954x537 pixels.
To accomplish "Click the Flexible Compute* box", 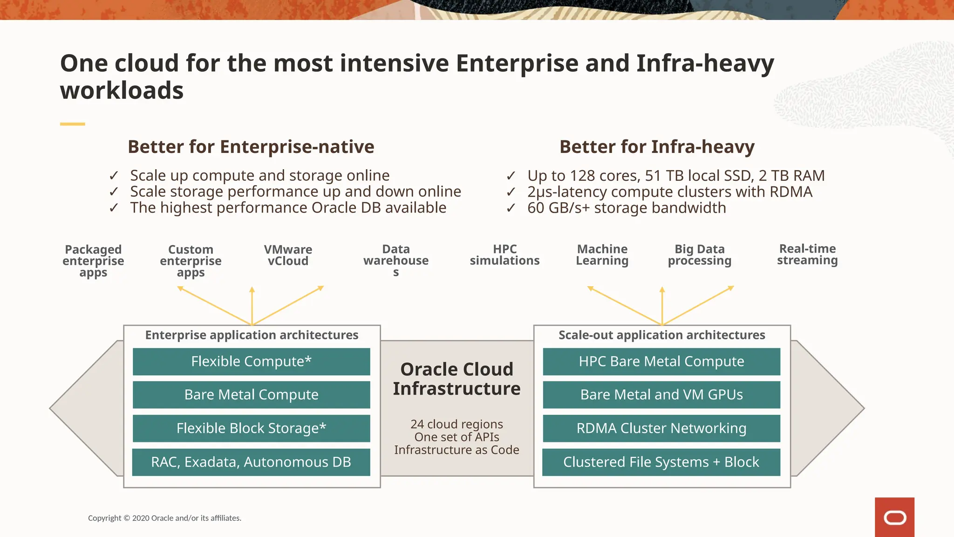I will pos(251,362).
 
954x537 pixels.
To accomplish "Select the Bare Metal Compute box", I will pos(251,395).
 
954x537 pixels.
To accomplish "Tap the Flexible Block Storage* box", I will pos(251,428).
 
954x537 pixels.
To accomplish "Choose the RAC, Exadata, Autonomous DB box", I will pos(251,462).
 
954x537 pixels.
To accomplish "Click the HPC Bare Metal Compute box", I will pos(661,362).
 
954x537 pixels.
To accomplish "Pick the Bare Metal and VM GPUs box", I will pos(661,395).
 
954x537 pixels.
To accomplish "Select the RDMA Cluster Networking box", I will pos(661,428).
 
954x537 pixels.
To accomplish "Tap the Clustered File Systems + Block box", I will pos(661,462).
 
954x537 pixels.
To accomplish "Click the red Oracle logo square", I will pos(894,517).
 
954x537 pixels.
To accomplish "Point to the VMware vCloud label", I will pos(288,255).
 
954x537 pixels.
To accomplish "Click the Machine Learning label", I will pos(602,255).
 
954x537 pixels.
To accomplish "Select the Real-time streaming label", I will pos(807,255).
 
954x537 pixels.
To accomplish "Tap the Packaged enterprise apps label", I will pos(93,261).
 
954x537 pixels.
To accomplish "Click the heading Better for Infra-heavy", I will pos(657,147).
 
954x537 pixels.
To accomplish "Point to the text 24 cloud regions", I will pos(457,424).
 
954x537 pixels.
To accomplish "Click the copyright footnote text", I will pos(164,518).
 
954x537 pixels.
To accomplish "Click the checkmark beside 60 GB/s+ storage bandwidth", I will pos(511,208).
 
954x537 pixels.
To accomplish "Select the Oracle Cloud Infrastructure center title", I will pos(457,379).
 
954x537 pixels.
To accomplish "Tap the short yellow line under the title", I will pos(72,124).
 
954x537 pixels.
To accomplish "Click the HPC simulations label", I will pos(504,255).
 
